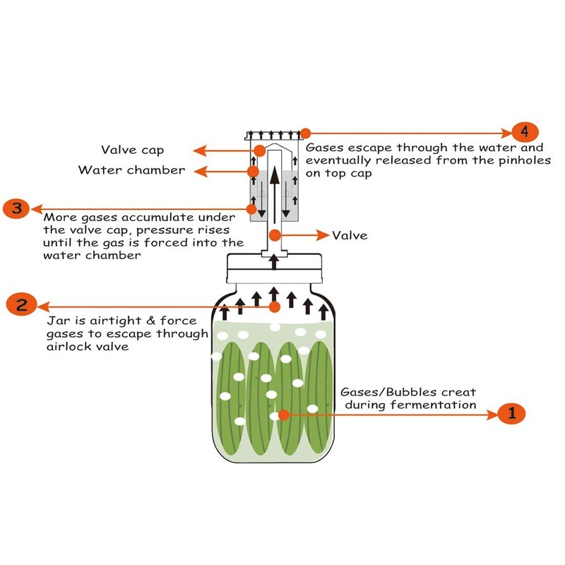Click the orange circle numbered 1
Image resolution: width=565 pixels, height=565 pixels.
pyautogui.click(x=511, y=413)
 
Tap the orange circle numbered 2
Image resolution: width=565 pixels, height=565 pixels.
pyautogui.click(x=22, y=304)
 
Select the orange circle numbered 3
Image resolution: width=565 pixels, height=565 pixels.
pyautogui.click(x=16, y=208)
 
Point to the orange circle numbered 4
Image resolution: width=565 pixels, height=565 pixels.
pyautogui.click(x=525, y=132)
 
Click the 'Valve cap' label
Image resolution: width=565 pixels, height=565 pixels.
pyautogui.click(x=132, y=150)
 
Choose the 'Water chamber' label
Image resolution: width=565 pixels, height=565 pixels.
pyautogui.click(x=131, y=169)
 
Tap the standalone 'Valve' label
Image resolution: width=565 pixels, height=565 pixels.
pyautogui.click(x=350, y=235)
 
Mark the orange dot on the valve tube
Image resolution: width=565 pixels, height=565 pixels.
pyautogui.click(x=275, y=235)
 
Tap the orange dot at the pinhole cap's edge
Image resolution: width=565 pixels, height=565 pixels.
pyautogui.click(x=305, y=133)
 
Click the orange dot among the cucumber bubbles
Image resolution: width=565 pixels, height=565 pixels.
pyautogui.click(x=284, y=415)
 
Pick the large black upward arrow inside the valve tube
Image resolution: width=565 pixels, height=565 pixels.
pyautogui.click(x=275, y=195)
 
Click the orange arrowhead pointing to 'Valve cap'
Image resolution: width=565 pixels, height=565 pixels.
pyautogui.click(x=200, y=150)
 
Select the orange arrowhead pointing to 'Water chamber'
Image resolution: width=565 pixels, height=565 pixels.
pyautogui.click(x=201, y=171)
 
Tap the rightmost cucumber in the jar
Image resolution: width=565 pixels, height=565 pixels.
pyautogui.click(x=319, y=396)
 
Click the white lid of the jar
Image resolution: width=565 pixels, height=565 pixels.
pyautogui.click(x=274, y=268)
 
